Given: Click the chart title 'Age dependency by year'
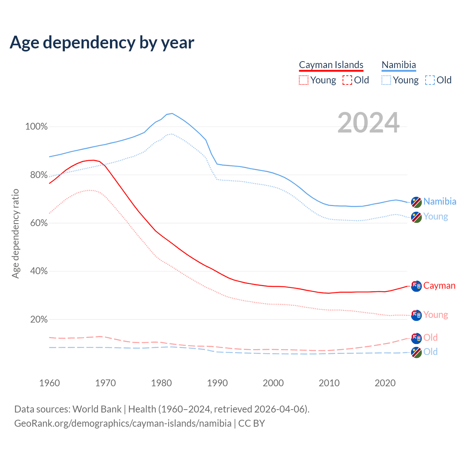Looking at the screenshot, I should click(x=102, y=43).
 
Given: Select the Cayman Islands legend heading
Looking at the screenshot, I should click(x=331, y=65).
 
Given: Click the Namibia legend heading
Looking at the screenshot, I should click(x=399, y=65).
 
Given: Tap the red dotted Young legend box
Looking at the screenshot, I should click(x=304, y=80).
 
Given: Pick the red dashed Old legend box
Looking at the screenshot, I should click(x=347, y=80).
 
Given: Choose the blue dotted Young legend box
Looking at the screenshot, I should click(x=386, y=80).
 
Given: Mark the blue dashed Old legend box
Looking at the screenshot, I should click(x=430, y=80).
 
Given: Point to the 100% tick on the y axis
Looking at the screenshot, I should click(x=36, y=127).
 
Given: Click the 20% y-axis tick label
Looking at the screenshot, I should click(x=39, y=319).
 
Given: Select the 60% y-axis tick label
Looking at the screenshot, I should click(x=39, y=223).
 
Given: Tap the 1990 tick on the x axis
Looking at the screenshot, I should click(x=217, y=383).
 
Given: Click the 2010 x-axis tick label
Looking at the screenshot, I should click(x=329, y=383).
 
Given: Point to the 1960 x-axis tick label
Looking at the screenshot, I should click(x=50, y=383).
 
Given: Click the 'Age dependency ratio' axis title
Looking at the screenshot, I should click(x=15, y=233).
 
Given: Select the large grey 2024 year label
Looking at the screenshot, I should click(x=368, y=123).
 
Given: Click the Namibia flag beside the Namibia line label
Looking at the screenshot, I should click(x=416, y=202).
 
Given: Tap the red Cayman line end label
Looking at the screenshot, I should click(x=439, y=286).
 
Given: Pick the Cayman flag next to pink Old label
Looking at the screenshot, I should click(x=416, y=338).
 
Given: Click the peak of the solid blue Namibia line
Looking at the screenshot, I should click(x=172, y=113).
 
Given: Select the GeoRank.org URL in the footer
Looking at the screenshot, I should click(x=123, y=423).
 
